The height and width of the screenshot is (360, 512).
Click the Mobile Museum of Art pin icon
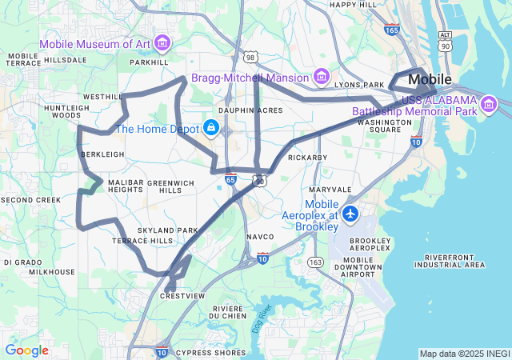pos(162,42)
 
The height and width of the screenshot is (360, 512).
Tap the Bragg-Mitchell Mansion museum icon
pos(322,77)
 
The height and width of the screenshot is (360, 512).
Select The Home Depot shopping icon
pos(211,127)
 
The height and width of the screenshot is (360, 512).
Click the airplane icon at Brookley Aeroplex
pos(350,214)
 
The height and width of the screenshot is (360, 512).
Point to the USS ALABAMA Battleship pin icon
pos(488,102)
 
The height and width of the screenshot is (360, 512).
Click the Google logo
pos(26,350)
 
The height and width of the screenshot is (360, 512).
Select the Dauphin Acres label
pos(250,110)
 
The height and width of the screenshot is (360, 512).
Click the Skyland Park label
pos(167,230)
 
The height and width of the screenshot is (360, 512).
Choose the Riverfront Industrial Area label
pos(450,260)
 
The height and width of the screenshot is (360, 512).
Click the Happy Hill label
pos(353,4)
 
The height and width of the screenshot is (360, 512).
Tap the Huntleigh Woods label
pos(66,111)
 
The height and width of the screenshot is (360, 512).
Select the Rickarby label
pos(308,158)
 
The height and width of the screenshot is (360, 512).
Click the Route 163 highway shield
pos(315,262)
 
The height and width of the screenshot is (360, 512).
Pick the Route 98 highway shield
pos(250,57)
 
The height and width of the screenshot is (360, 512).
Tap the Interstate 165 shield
pos(391,30)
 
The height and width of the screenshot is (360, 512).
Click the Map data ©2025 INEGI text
pos(464,354)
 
